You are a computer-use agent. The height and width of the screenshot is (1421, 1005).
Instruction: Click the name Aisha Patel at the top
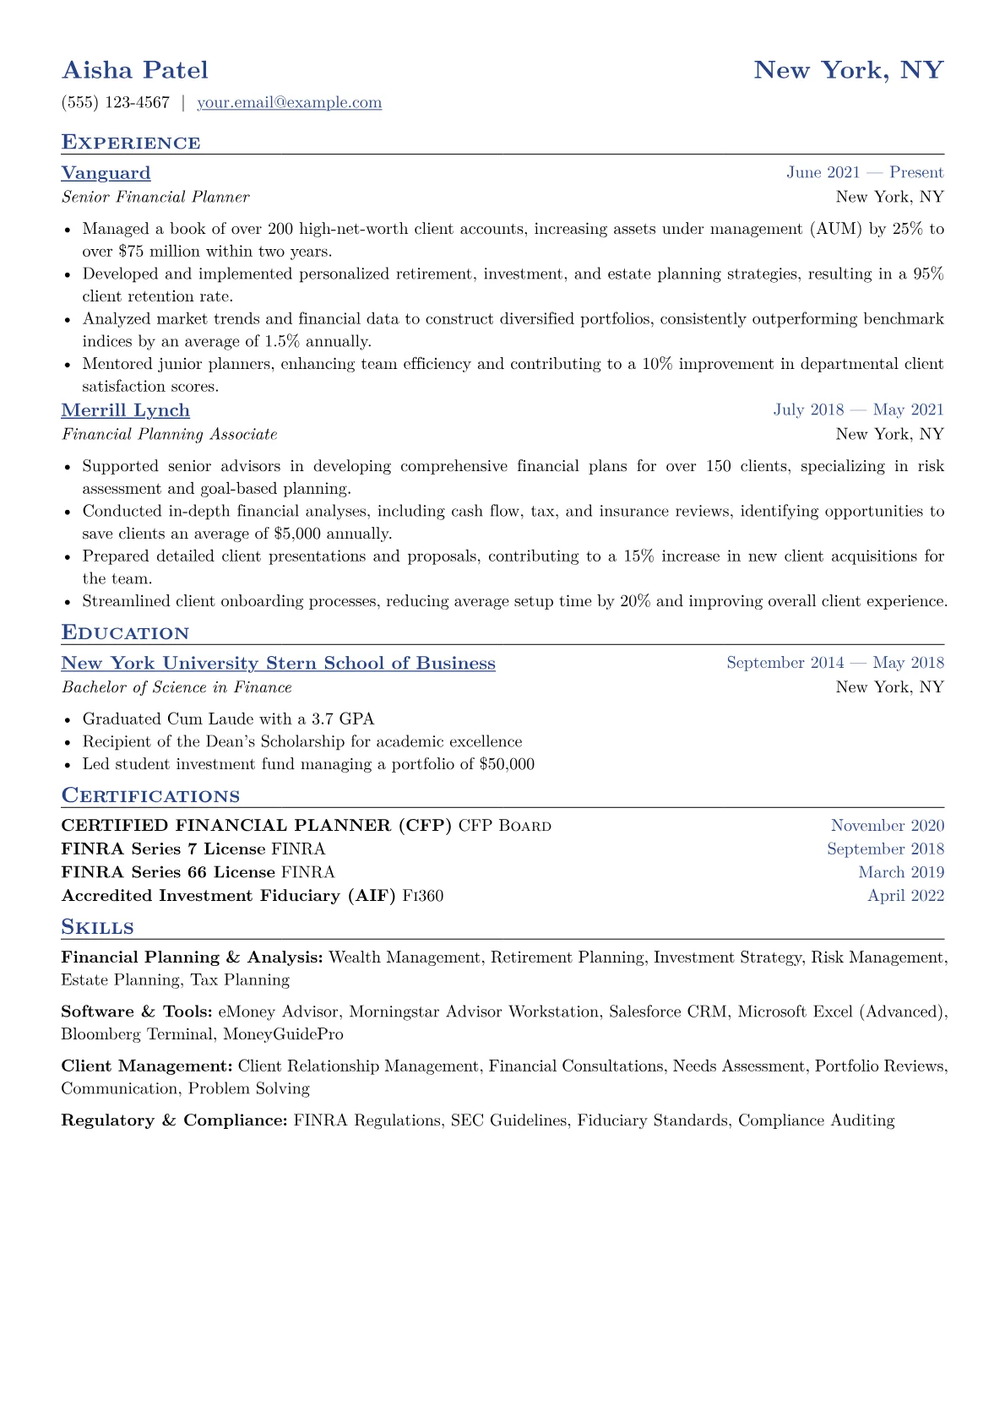[x=135, y=70]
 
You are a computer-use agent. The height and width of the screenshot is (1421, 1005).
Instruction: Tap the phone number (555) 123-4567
[x=116, y=103]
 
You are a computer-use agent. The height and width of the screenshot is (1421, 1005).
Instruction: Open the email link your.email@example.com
[x=289, y=103]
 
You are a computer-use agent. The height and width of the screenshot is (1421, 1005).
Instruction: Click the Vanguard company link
[x=106, y=173]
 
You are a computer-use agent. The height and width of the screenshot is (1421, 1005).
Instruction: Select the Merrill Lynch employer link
[x=125, y=410]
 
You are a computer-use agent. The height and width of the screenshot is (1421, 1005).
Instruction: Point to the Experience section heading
[x=131, y=143]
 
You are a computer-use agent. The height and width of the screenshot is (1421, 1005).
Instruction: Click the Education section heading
[x=125, y=633]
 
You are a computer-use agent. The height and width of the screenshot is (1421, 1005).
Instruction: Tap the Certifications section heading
[x=150, y=796]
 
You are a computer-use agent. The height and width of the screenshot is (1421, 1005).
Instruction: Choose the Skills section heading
[x=97, y=928]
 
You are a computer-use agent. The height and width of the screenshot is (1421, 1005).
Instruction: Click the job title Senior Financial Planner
[x=155, y=198]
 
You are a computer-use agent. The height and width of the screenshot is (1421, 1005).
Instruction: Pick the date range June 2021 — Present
[x=864, y=173]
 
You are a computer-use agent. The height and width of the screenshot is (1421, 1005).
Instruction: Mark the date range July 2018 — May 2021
[x=858, y=410]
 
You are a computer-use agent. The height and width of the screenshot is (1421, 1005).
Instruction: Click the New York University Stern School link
[x=278, y=664]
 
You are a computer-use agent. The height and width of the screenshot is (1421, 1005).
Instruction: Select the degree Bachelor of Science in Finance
[x=177, y=688]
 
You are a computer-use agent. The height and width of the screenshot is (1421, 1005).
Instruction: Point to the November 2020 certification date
[x=887, y=826]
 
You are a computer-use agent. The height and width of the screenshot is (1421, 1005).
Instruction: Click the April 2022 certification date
[x=905, y=896]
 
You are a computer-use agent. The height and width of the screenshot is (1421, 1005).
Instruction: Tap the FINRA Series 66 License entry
[x=168, y=872]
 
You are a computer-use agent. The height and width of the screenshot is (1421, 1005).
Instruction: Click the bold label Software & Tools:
[x=137, y=1012]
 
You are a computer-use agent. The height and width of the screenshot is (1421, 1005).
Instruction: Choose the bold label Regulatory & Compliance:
[x=174, y=1120]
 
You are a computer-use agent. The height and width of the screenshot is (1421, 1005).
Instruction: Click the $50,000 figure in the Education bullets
[x=506, y=764]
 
